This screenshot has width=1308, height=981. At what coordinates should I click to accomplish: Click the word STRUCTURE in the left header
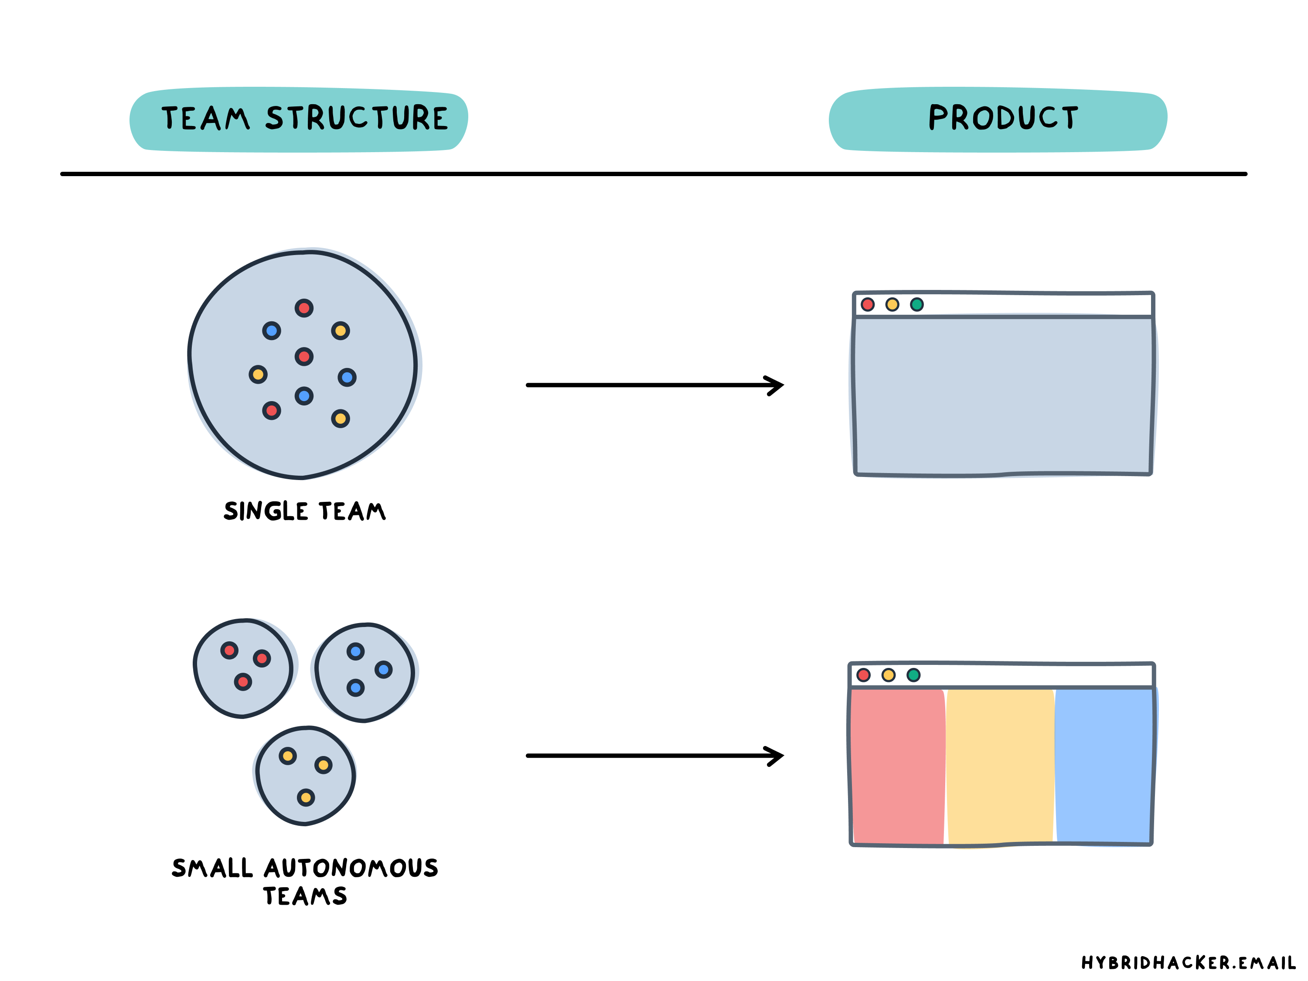pos(357,118)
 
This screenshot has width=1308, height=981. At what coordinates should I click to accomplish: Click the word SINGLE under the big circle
pos(266,511)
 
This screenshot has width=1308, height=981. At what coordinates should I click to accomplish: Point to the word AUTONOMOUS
pos(351,868)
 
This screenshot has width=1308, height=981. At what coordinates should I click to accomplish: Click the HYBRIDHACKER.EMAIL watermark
pos(1188,963)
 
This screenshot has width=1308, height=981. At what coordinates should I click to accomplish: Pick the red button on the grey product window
pos(868,304)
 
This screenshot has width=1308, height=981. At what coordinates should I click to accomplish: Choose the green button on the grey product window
pos(916,304)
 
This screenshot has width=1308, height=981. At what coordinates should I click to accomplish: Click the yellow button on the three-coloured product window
pos(888,674)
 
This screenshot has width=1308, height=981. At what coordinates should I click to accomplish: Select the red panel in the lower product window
pos(897,766)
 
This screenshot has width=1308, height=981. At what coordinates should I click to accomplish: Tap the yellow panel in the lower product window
pos(1001,766)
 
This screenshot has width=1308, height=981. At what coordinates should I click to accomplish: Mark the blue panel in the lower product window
pos(1104,766)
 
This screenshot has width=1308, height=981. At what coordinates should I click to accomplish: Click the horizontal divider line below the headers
pos(654,174)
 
